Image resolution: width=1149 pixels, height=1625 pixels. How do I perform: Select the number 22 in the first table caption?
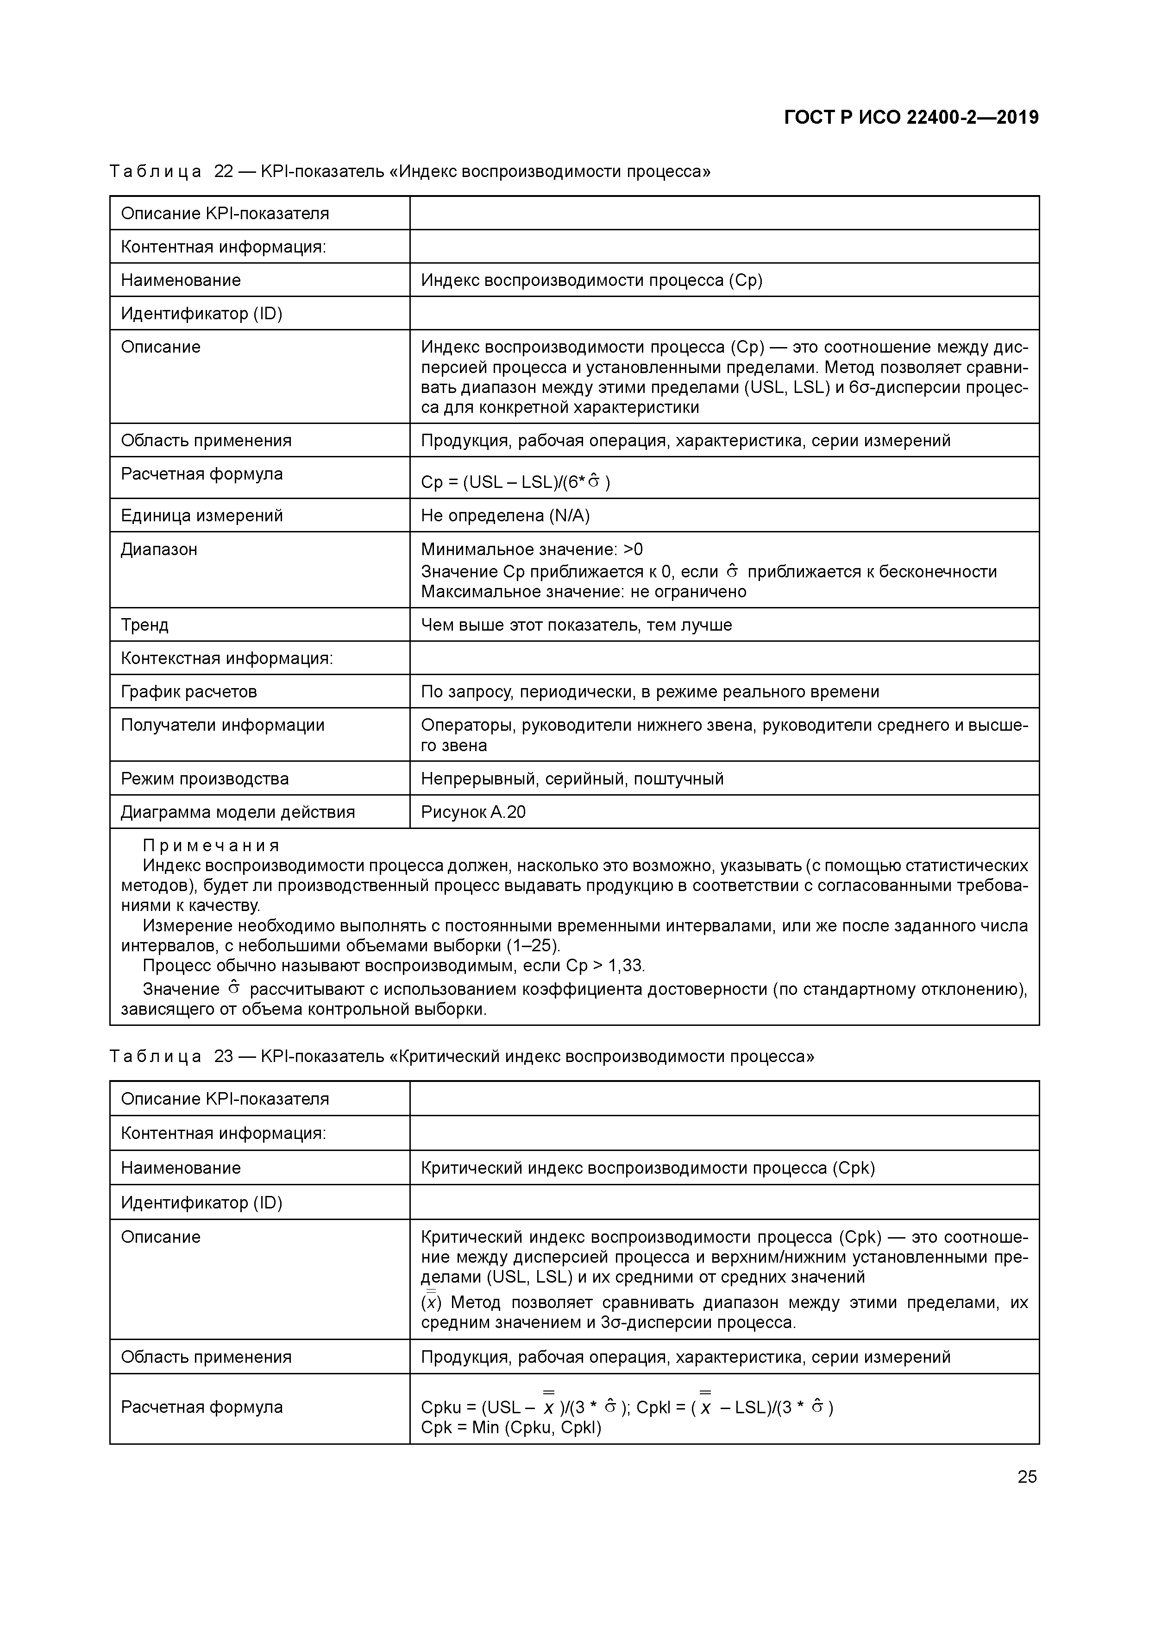pos(224,171)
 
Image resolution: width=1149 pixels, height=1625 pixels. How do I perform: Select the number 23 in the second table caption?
pos(224,1056)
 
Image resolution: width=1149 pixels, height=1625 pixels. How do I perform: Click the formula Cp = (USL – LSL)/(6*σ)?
pos(515,482)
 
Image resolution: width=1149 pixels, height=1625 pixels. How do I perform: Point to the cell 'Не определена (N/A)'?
pos(505,515)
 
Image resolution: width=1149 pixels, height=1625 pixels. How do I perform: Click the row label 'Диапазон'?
pos(159,549)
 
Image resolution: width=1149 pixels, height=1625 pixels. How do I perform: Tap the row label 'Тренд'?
pos(145,625)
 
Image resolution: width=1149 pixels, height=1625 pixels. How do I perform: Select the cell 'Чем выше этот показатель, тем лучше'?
pos(576,625)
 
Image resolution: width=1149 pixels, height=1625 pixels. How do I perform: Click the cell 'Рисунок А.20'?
pos(473,812)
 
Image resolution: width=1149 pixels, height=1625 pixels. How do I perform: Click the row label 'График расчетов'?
pos(189,691)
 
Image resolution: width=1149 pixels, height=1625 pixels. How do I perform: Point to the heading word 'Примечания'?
pos(211,846)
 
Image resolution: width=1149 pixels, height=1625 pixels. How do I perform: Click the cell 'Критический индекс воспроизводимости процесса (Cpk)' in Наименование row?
pos(647,1168)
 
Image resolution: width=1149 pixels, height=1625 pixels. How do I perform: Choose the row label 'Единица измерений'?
pos(201,515)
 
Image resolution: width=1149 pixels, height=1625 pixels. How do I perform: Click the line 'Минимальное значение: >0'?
pos(532,549)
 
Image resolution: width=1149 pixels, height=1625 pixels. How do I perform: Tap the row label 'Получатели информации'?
pos(223,725)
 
